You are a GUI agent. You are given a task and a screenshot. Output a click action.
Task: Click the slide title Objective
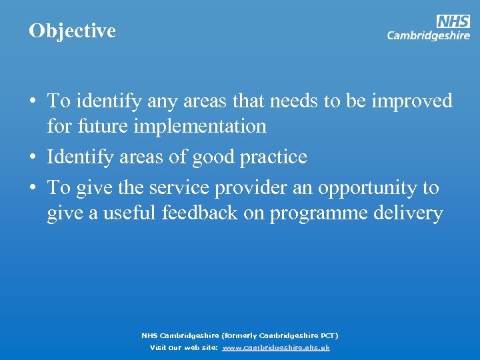[x=72, y=31]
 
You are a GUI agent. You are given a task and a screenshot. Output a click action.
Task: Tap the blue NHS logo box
[x=453, y=21]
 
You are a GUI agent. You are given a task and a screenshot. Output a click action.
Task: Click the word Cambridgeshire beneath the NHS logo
[x=428, y=36]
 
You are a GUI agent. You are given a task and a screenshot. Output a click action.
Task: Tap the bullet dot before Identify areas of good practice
[x=32, y=157]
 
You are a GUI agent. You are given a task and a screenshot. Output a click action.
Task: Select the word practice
[x=275, y=157]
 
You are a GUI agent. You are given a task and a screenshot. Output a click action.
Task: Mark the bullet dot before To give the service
[x=32, y=188]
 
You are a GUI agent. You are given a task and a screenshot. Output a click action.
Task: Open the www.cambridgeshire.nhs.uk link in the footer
[x=276, y=348]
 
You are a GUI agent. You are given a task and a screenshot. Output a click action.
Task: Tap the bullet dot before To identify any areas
[x=32, y=101]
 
